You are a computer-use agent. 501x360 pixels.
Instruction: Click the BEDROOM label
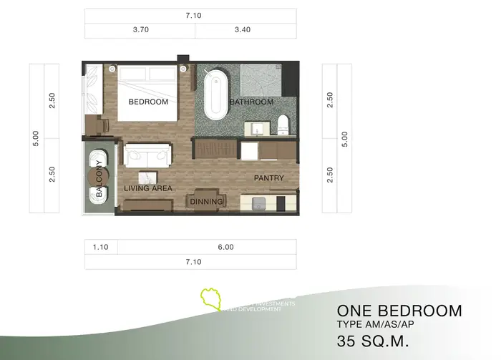pyautogui.click(x=148, y=102)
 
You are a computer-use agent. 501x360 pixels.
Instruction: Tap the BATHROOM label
pyautogui.click(x=251, y=102)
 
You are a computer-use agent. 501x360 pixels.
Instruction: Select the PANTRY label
pyautogui.click(x=268, y=178)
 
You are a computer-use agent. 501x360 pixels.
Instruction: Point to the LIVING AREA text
pyautogui.click(x=148, y=188)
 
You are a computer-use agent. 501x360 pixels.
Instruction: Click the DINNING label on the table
pyautogui.click(x=206, y=202)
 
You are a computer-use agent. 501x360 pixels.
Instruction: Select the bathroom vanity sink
pyautogui.click(x=256, y=128)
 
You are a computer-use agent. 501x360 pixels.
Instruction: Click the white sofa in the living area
pyautogui.click(x=147, y=155)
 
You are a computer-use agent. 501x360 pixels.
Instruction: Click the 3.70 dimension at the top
pyautogui.click(x=140, y=31)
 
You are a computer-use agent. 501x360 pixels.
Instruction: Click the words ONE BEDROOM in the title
pyautogui.click(x=399, y=311)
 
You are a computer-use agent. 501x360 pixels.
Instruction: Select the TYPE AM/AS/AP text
pyautogui.click(x=375, y=326)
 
